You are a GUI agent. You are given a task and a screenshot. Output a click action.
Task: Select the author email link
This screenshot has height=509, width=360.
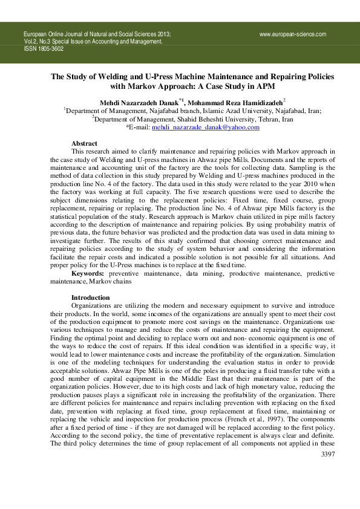tap(205, 128)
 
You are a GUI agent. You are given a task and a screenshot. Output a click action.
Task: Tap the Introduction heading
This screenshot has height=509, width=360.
tap(91, 297)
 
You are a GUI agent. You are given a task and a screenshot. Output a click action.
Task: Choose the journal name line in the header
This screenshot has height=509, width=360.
tap(97, 35)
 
